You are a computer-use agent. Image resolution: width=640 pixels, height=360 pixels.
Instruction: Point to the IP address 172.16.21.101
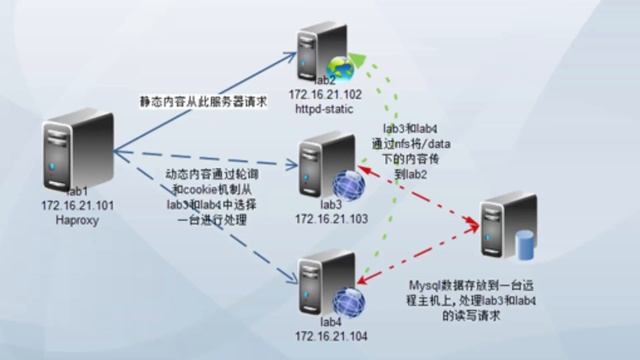point(68,205)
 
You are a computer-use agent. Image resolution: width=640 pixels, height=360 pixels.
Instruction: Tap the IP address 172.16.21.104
point(332,336)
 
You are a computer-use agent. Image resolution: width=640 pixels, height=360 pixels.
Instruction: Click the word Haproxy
point(68,219)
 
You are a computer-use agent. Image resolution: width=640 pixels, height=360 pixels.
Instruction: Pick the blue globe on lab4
point(345,300)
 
